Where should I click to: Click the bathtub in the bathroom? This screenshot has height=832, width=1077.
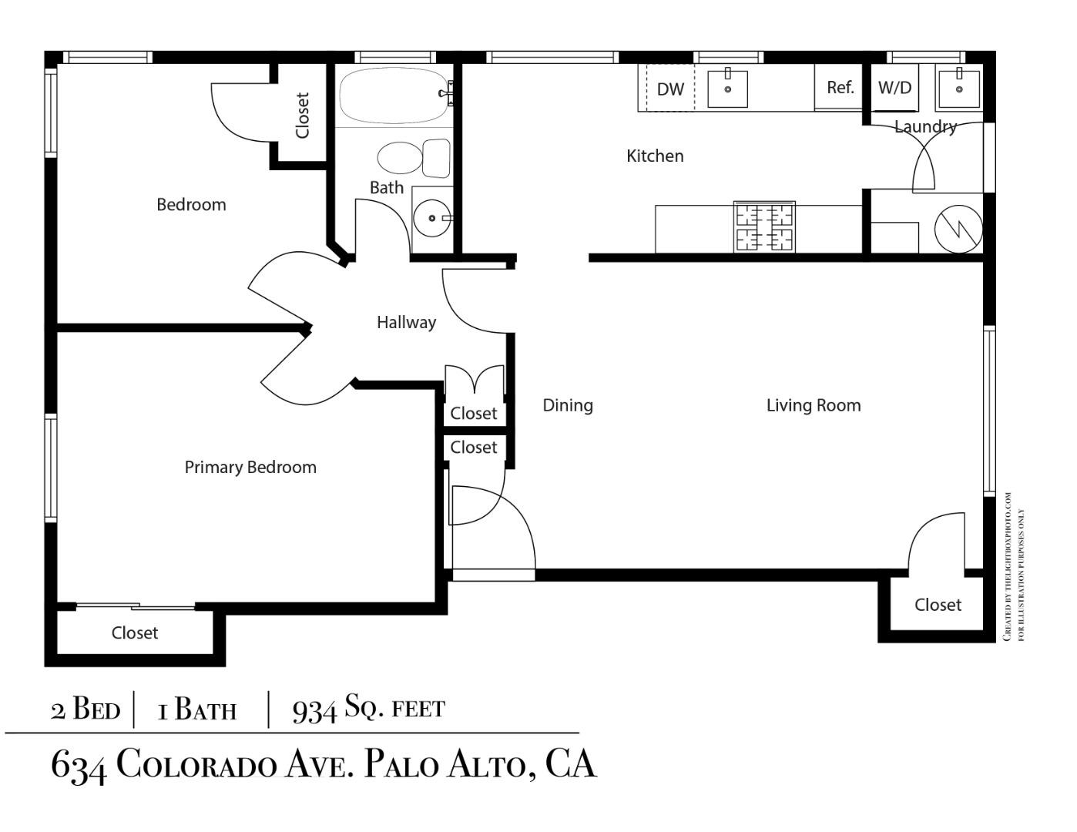(x=393, y=96)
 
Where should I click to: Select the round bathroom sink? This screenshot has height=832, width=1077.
(x=431, y=219)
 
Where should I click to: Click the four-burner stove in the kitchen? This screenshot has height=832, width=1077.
(x=764, y=227)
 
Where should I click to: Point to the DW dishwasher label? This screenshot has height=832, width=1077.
(x=670, y=89)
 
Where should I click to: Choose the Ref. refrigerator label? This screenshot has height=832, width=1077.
(x=840, y=88)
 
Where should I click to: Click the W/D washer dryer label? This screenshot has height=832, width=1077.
(x=894, y=88)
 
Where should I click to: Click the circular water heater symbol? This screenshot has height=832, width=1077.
(x=958, y=228)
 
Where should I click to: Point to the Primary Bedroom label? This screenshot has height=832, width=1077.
(x=250, y=468)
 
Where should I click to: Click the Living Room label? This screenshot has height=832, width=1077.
(x=814, y=406)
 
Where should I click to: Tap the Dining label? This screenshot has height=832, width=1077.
(x=568, y=406)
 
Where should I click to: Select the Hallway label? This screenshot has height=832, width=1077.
(x=406, y=323)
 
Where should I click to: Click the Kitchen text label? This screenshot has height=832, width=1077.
(x=655, y=156)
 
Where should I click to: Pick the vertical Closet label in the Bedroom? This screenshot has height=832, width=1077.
(x=302, y=116)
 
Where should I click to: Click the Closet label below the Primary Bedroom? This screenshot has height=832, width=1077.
(x=135, y=633)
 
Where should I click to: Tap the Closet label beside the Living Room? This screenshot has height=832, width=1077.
(x=938, y=606)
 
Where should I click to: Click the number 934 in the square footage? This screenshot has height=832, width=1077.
(x=314, y=710)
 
